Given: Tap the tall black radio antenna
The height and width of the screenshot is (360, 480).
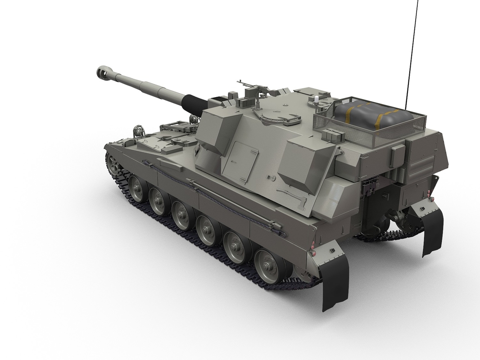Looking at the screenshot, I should point(412,45).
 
